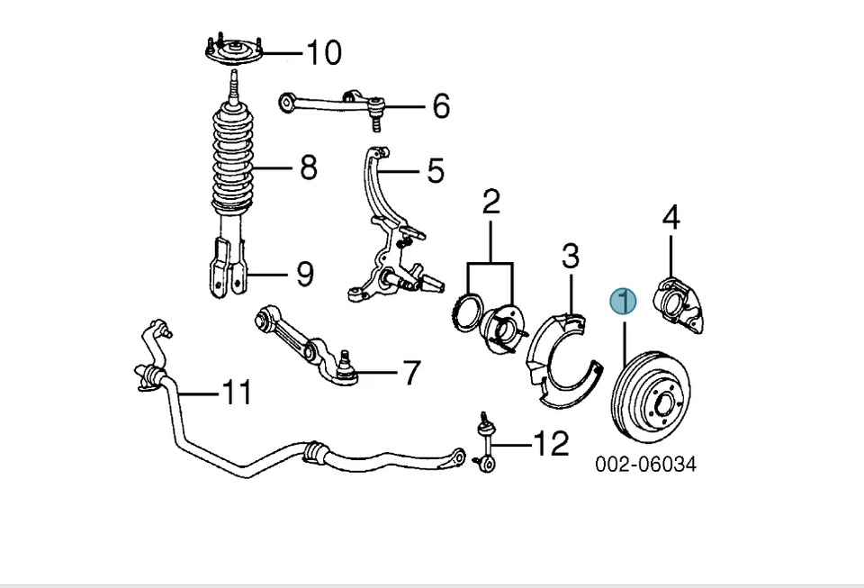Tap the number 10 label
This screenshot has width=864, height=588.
323,53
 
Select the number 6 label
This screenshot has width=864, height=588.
440,106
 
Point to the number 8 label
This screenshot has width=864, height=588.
308,167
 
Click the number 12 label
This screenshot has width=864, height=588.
551,443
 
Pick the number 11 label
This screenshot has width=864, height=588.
237,393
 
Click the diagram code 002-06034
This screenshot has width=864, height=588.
645,465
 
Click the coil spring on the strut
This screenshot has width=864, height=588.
233,158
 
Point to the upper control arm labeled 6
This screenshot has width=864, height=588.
332,104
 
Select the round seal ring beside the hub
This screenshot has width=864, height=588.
467,313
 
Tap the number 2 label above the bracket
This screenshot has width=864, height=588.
490,203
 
